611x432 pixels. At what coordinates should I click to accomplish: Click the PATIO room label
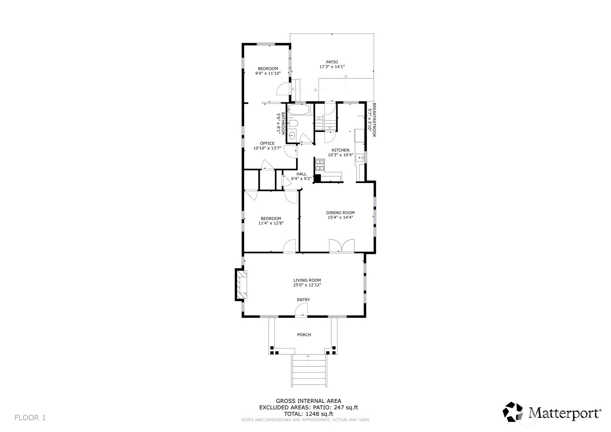coord(332,62)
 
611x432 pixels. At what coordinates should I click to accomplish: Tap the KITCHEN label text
coord(341,150)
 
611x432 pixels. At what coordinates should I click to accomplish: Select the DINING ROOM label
coord(341,213)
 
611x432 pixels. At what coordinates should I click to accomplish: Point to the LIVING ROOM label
coord(307,280)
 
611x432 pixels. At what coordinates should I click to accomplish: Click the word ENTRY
coord(303,300)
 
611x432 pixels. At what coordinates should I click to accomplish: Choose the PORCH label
coord(304,334)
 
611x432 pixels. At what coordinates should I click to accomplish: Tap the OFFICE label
coord(267,143)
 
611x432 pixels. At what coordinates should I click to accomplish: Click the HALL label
coord(301,174)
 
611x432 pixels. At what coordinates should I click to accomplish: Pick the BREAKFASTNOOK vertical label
coord(374,120)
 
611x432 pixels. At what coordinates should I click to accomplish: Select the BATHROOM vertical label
coord(283,123)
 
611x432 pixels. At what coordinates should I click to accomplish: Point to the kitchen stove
coord(320,165)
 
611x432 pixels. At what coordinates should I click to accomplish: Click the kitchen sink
coord(360,158)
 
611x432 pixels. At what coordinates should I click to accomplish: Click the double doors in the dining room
coord(342,245)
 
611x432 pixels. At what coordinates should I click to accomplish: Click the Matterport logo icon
coord(513,412)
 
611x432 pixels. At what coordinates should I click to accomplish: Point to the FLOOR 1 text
coord(30,418)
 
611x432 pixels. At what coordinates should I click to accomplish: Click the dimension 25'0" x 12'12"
coord(307,285)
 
